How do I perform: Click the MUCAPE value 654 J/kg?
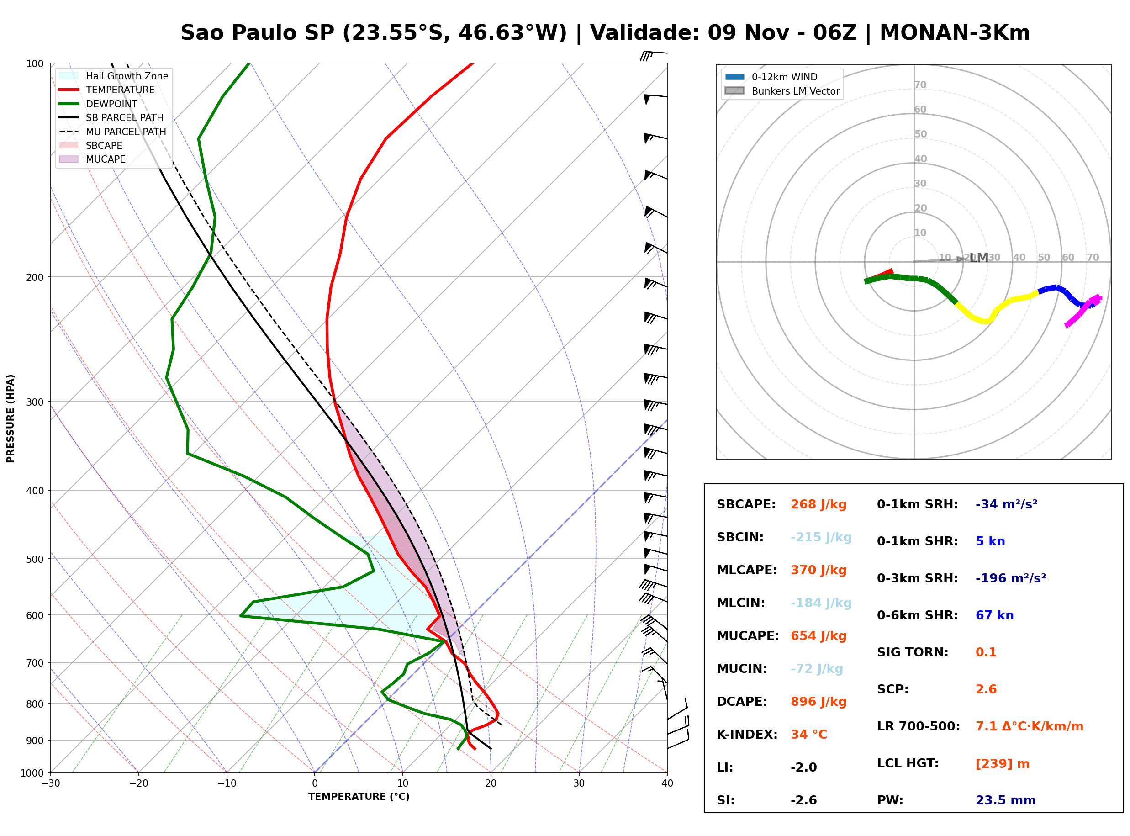click(x=818, y=635)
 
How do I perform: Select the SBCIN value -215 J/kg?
click(x=821, y=537)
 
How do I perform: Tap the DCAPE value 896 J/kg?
click(x=818, y=701)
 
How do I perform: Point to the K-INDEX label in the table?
click(x=747, y=734)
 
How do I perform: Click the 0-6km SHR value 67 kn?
click(x=994, y=615)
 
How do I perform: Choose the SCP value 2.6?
click(x=986, y=689)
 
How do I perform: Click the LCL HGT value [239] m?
click(x=1003, y=764)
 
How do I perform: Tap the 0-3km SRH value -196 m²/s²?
click(x=1011, y=578)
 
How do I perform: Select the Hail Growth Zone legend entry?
click(x=114, y=76)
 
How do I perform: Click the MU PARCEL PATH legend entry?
click(x=113, y=132)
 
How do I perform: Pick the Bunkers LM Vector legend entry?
click(x=782, y=91)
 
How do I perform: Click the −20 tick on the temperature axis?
click(x=138, y=783)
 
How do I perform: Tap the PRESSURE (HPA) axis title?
click(x=11, y=418)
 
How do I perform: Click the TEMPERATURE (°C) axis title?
click(x=359, y=797)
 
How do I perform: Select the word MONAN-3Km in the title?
click(x=955, y=33)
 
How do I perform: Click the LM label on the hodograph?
click(x=979, y=258)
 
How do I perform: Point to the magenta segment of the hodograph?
click(x=1083, y=311)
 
